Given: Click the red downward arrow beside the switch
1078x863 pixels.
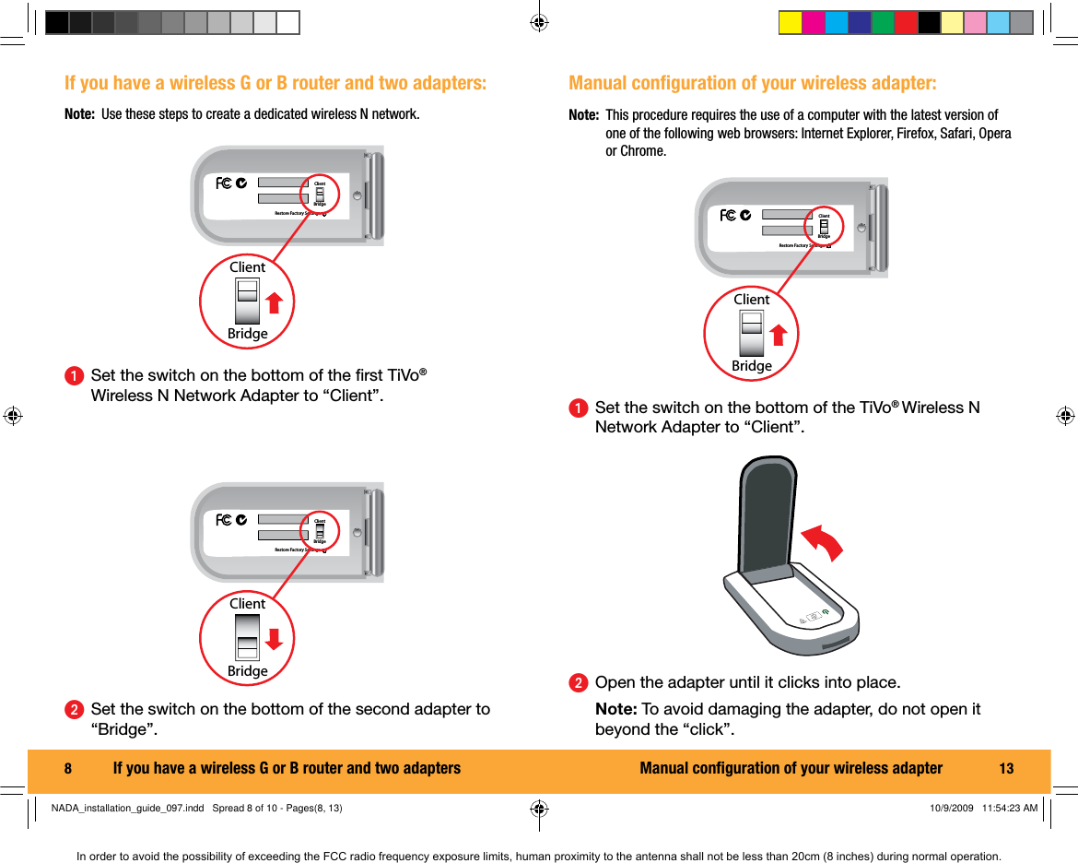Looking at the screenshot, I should pyautogui.click(x=275, y=639).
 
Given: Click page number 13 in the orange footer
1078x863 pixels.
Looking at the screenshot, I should pyautogui.click(x=1006, y=769).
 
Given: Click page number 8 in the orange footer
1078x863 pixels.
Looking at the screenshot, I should pyautogui.click(x=68, y=769).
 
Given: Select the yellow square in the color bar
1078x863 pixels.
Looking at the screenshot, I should pyautogui.click(x=790, y=23).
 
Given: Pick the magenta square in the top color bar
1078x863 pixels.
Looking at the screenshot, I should pyautogui.click(x=813, y=23).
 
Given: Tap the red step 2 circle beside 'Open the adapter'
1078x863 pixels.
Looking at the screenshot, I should pyautogui.click(x=578, y=683).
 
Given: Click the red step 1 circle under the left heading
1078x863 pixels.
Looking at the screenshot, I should pyautogui.click(x=73, y=376).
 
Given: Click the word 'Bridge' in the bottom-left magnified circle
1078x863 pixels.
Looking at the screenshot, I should pyautogui.click(x=248, y=671).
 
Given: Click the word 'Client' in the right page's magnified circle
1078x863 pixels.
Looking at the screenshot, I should pyautogui.click(x=752, y=300).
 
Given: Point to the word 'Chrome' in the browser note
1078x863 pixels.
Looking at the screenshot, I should pyautogui.click(x=645, y=151).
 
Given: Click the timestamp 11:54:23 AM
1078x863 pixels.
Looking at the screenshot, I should pyautogui.click(x=1010, y=809).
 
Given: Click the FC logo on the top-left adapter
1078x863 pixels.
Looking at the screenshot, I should pyautogui.click(x=224, y=183).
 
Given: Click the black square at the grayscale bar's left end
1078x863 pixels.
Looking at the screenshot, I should pyautogui.click(x=57, y=23).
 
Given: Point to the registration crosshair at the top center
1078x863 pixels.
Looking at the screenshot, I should pyautogui.click(x=539, y=22).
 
